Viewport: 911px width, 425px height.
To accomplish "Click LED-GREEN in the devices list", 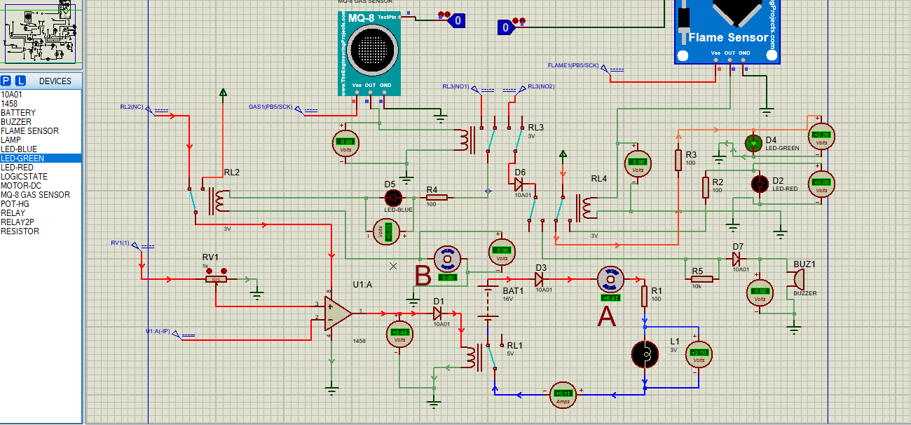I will point(22,158).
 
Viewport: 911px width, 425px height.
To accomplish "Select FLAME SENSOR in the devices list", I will point(29,131).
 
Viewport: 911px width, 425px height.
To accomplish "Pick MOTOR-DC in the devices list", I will point(21,186).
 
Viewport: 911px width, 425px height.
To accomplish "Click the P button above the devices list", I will point(6,81).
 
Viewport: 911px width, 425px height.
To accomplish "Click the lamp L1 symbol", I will point(645,355).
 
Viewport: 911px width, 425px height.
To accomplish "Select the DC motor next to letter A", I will point(609,280).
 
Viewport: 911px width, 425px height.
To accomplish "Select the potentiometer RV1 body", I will point(216,279).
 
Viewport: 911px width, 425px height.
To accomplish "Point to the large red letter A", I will point(606,317).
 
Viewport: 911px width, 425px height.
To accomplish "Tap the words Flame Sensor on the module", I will point(728,37).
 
